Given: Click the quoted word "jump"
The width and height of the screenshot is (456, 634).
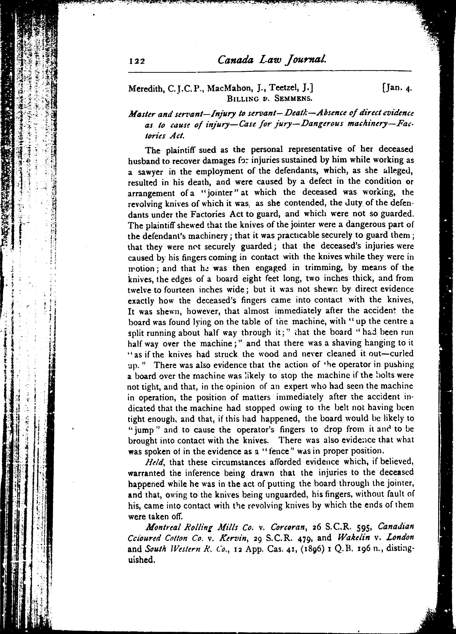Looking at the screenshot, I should click(x=144, y=430).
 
